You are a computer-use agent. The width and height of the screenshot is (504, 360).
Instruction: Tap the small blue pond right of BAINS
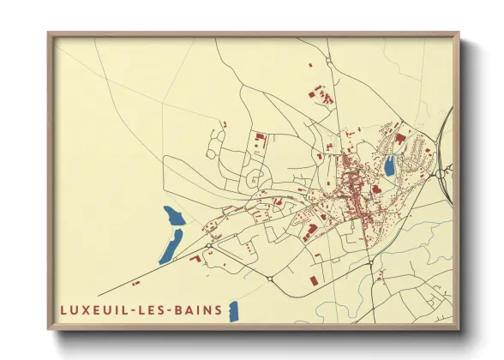click(233, 311)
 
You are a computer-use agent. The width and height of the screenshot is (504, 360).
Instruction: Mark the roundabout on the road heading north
click(328, 59)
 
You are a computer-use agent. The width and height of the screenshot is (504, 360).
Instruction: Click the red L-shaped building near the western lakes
click(195, 255)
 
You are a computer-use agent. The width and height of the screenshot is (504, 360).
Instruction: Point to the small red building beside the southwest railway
click(135, 282)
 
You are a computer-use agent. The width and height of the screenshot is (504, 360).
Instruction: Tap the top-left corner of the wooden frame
click(49, 34)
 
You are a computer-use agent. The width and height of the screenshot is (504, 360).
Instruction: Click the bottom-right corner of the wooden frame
click(458, 328)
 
